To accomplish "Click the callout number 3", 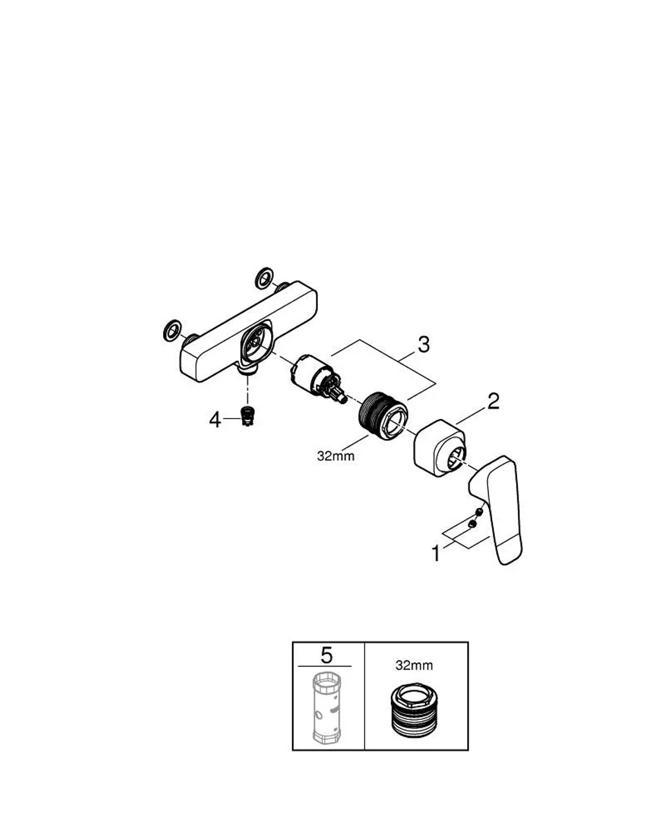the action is coord(424,344).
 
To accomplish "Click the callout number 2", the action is coord(493,401).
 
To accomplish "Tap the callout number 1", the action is coord(436,553).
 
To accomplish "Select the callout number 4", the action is coord(215,419).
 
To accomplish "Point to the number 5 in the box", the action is coord(326,655).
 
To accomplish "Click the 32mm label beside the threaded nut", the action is coord(336,456).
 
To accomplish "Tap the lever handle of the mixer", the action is coord(497,509).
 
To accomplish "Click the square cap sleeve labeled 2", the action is coord(440,447).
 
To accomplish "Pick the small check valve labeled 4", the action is coord(245,416).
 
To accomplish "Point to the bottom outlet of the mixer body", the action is coord(247,370).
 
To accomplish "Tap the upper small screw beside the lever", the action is coord(479,512).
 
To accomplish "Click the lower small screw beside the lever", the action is coord(471,524).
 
